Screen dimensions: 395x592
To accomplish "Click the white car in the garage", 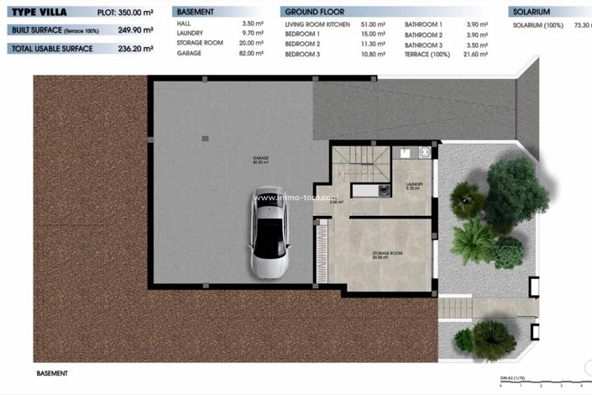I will point(270,233).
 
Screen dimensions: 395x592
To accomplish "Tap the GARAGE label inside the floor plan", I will point(260,160).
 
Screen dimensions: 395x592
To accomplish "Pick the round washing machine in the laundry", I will point(424,153).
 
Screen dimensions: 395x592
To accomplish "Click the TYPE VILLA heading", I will point(44,13).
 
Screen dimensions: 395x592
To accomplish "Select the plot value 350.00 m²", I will point(136,13).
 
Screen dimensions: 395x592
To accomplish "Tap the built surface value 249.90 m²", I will point(136,30).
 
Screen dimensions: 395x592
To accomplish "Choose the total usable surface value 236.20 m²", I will point(136,49).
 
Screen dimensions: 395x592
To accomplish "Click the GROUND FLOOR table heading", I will point(315,13).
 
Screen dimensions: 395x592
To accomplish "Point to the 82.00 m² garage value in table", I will point(251,53).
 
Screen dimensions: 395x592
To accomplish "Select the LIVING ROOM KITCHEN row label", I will point(317,26).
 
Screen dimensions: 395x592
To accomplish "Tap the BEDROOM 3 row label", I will point(302,53).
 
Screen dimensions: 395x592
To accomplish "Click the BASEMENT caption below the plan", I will point(52,372).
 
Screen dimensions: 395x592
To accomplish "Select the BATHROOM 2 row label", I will point(423,35).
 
